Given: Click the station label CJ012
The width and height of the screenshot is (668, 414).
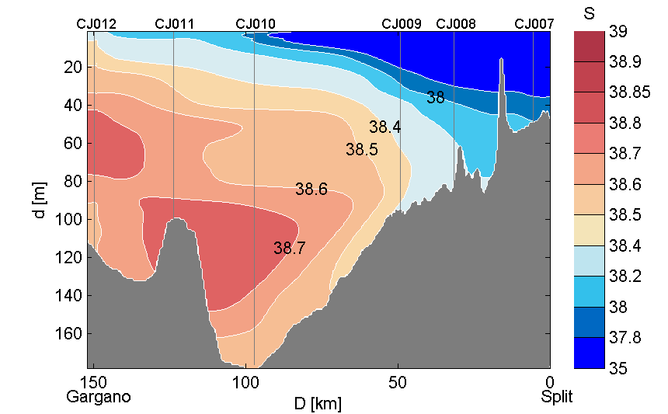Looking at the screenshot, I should (x=96, y=24).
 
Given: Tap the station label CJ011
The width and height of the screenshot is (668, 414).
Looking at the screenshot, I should (x=175, y=24).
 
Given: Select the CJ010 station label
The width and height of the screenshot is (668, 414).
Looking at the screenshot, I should (x=255, y=24).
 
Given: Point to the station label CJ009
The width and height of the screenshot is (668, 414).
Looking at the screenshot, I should (x=402, y=24).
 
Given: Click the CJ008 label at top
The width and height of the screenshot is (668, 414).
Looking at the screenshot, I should (x=456, y=24).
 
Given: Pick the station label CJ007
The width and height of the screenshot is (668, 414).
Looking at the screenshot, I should (x=534, y=24).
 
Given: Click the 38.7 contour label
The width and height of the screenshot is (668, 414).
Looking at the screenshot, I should (x=290, y=249).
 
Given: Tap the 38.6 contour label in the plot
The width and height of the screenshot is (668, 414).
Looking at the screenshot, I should (x=311, y=189).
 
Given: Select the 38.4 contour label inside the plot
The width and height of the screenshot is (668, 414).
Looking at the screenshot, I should (x=384, y=127).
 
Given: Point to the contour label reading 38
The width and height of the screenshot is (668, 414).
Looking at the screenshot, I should (x=436, y=98).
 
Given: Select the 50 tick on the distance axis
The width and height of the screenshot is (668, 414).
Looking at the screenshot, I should (x=398, y=383).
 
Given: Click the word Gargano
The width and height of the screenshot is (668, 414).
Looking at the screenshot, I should (x=99, y=397).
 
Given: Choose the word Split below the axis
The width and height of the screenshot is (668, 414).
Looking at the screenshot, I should (x=557, y=397).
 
